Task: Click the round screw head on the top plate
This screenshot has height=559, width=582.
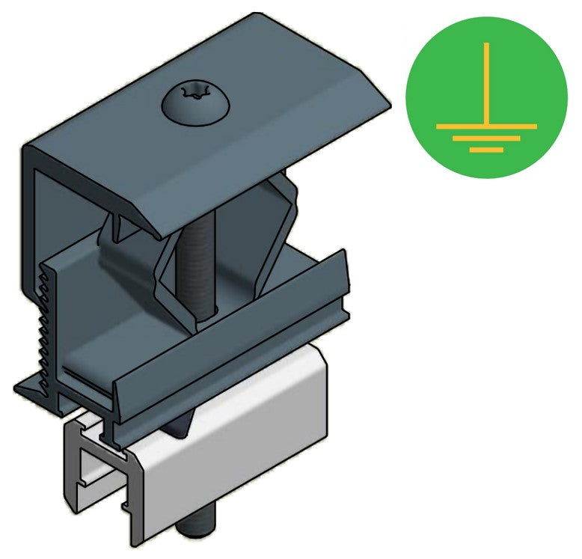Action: coord(193,103)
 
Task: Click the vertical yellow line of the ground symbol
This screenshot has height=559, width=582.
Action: coord(486,82)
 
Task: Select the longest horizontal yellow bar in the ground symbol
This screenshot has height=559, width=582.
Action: coord(486,126)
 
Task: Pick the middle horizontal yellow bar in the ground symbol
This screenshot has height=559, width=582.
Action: coord(486,138)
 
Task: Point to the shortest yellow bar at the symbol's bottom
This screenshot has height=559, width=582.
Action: coord(486,150)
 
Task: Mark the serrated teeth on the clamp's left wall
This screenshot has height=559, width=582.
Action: coord(47,322)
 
